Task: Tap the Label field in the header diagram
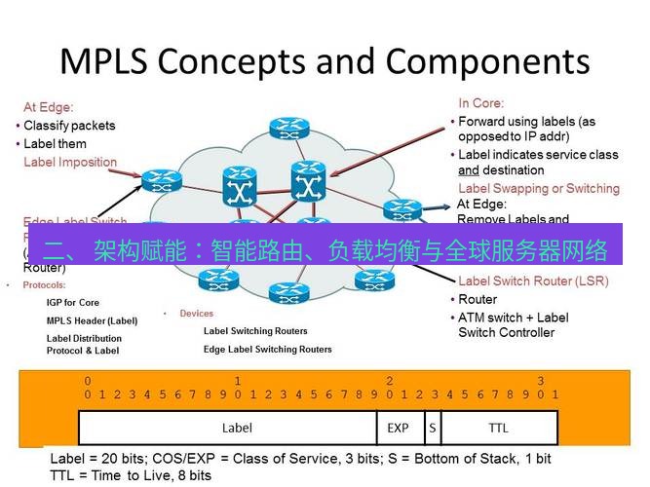click(237, 428)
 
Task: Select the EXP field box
click(398, 428)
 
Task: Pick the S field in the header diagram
click(432, 428)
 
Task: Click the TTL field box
click(498, 428)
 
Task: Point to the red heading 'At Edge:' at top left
click(49, 107)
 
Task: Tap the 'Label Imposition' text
click(70, 162)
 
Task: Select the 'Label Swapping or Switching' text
click(538, 188)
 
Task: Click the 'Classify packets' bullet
click(68, 126)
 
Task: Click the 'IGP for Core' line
click(73, 303)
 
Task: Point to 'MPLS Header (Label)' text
click(92, 320)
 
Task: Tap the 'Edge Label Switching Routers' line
click(267, 349)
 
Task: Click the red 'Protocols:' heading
click(44, 285)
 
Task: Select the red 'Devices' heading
click(196, 314)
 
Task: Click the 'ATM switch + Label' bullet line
click(513, 318)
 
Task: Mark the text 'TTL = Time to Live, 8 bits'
click(131, 475)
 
